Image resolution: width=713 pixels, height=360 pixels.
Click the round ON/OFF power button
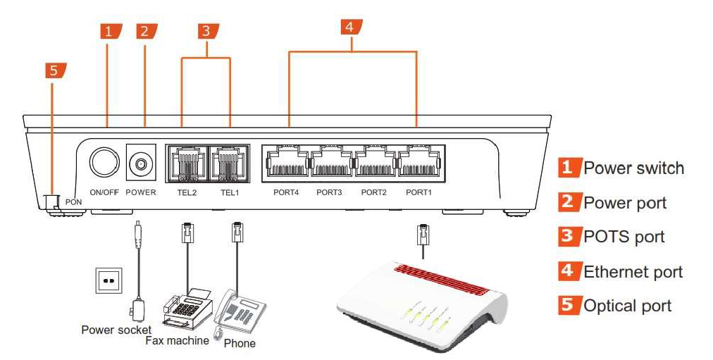[104, 163]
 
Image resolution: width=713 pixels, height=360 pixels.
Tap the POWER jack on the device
[141, 164]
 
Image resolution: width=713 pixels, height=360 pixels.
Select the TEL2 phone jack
[187, 164]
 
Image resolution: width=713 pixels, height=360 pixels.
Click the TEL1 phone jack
[230, 164]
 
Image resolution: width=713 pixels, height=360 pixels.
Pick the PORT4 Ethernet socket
[287, 163]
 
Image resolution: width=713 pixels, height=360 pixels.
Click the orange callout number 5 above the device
[55, 71]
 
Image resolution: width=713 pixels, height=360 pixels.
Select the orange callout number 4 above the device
[350, 27]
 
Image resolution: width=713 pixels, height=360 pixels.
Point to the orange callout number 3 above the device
[206, 31]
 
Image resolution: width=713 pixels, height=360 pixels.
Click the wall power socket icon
[108, 280]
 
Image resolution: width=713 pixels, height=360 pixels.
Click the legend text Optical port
[627, 306]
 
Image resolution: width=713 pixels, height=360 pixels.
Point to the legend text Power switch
[633, 168]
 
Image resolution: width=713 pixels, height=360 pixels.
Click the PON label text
[74, 202]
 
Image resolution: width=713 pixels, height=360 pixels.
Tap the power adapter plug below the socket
[137, 309]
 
